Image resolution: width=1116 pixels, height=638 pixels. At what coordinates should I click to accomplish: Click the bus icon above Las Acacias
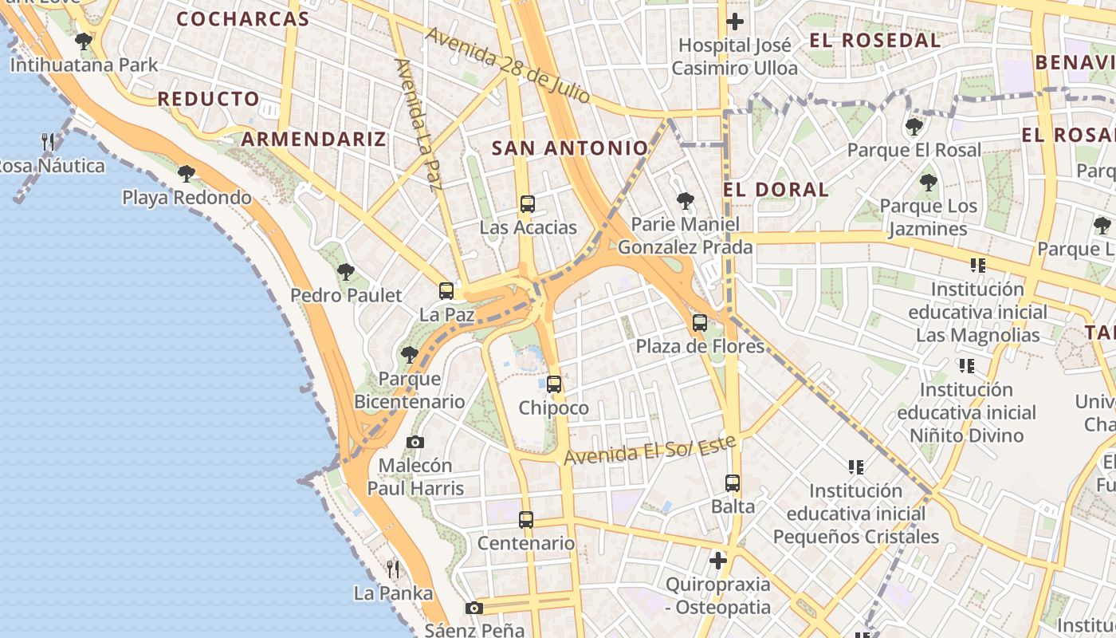pyautogui.click(x=527, y=203)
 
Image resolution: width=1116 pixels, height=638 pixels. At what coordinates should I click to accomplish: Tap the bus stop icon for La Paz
pyautogui.click(x=446, y=291)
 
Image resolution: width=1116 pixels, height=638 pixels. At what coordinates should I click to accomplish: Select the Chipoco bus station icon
pyautogui.click(x=554, y=384)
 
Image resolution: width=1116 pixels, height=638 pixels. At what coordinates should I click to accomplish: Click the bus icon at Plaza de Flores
pyautogui.click(x=700, y=323)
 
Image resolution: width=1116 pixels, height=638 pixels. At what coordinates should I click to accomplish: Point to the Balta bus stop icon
pyautogui.click(x=733, y=482)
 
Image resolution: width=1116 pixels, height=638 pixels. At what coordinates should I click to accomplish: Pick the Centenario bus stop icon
pyautogui.click(x=526, y=520)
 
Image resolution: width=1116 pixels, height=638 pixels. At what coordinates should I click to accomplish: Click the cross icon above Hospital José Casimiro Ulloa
pyautogui.click(x=735, y=22)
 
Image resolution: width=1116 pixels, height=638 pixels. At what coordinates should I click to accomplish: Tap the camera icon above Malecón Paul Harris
pyautogui.click(x=415, y=442)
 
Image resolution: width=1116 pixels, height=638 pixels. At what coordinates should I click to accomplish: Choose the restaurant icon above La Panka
pyautogui.click(x=393, y=569)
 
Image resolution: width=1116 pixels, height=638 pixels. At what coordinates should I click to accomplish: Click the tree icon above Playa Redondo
pyautogui.click(x=186, y=173)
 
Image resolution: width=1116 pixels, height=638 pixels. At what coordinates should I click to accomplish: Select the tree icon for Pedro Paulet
pyautogui.click(x=345, y=271)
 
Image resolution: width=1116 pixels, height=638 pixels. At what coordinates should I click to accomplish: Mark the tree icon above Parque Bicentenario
pyautogui.click(x=410, y=354)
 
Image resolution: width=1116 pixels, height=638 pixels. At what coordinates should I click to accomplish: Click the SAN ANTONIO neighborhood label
pyautogui.click(x=569, y=148)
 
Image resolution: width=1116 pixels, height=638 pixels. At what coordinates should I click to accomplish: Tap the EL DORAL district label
pyautogui.click(x=776, y=190)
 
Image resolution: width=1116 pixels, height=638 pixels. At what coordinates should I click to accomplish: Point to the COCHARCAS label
pyautogui.click(x=242, y=19)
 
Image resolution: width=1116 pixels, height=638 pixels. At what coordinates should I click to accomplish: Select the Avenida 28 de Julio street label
pyautogui.click(x=508, y=66)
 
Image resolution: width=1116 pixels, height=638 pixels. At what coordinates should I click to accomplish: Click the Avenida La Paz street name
pyautogui.click(x=418, y=124)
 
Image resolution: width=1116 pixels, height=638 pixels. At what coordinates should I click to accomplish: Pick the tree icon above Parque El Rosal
pyautogui.click(x=914, y=126)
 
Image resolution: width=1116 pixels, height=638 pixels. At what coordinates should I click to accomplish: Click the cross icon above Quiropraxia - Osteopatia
pyautogui.click(x=718, y=561)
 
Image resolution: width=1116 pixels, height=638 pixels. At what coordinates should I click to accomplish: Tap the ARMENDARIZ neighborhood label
pyautogui.click(x=313, y=139)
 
